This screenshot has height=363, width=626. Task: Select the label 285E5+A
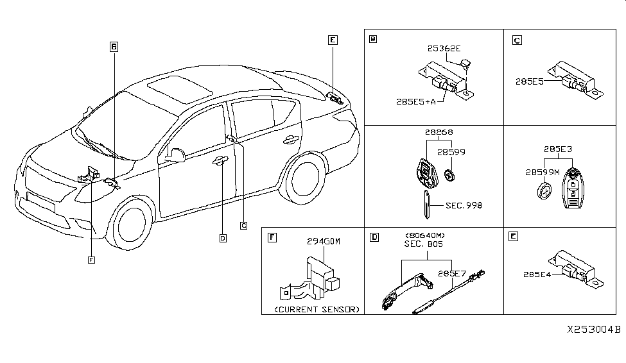pyautogui.click(x=415, y=101)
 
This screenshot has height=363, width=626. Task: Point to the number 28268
pyautogui.click(x=438, y=132)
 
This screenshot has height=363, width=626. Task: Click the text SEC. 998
pyautogui.click(x=464, y=205)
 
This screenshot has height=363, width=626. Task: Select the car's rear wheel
pyautogui.click(x=304, y=181)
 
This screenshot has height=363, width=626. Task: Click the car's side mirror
pyautogui.click(x=175, y=155)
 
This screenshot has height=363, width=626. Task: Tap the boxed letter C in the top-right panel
pyautogui.click(x=517, y=40)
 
